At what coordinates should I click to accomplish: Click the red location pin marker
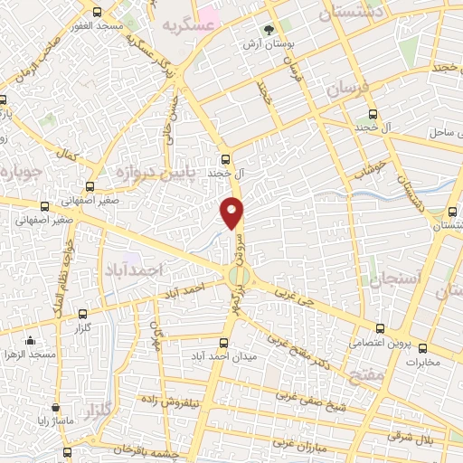pos(233,213)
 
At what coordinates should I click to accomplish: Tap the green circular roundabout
pos(238,276)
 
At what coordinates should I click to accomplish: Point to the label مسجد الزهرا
pos(31,354)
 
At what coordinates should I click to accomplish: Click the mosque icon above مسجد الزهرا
pos(30,341)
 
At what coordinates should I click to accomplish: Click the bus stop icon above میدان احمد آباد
pos(224,342)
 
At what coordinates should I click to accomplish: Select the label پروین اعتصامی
pos(381,344)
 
